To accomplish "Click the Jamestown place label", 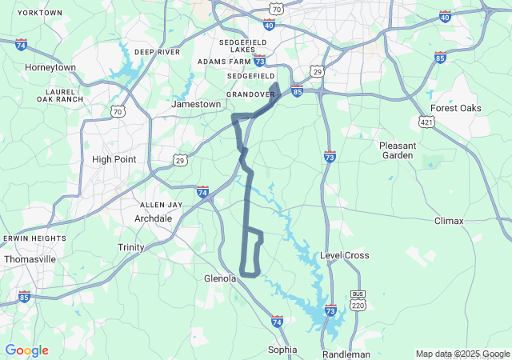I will [x=196, y=104].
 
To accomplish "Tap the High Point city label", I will [x=114, y=159].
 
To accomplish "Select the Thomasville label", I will [x=30, y=259].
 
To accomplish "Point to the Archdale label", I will [x=154, y=218].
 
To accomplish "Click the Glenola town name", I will [x=220, y=278].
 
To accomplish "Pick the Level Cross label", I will [x=345, y=255].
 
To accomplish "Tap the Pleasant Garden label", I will [x=398, y=150].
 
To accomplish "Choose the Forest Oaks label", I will [x=455, y=108].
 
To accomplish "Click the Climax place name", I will [x=449, y=220].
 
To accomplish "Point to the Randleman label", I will [x=346, y=354].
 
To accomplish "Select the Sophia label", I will [x=282, y=350].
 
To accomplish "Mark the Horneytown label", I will [x=50, y=67].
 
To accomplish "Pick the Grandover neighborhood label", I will [x=250, y=94].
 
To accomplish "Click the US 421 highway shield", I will [x=426, y=121].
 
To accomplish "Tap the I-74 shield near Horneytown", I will [x=20, y=45].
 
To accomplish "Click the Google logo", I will [x=26, y=350].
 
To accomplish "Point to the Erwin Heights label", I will [x=34, y=238].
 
